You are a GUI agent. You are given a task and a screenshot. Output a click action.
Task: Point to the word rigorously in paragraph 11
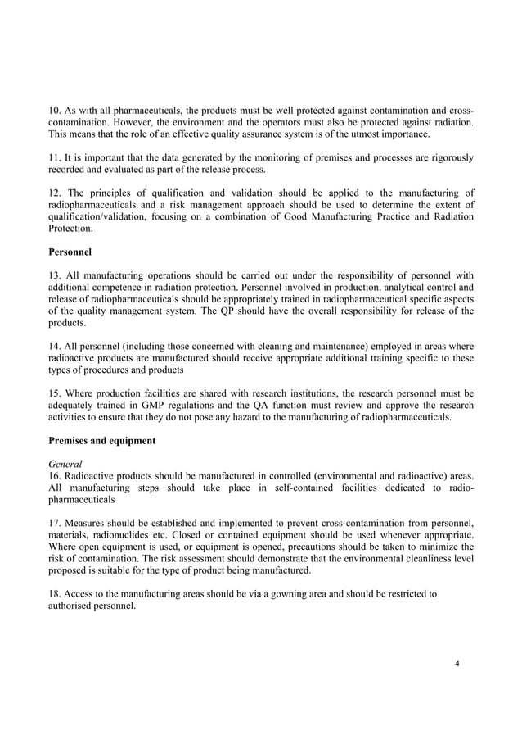[x=444, y=157]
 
